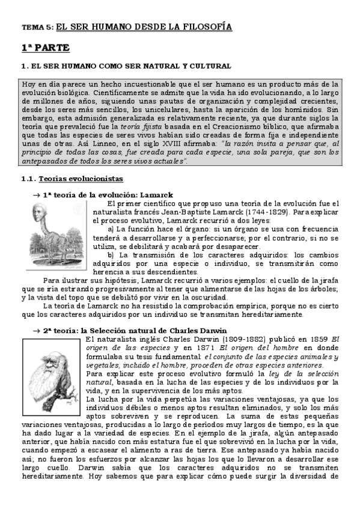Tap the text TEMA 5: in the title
(37, 28)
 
